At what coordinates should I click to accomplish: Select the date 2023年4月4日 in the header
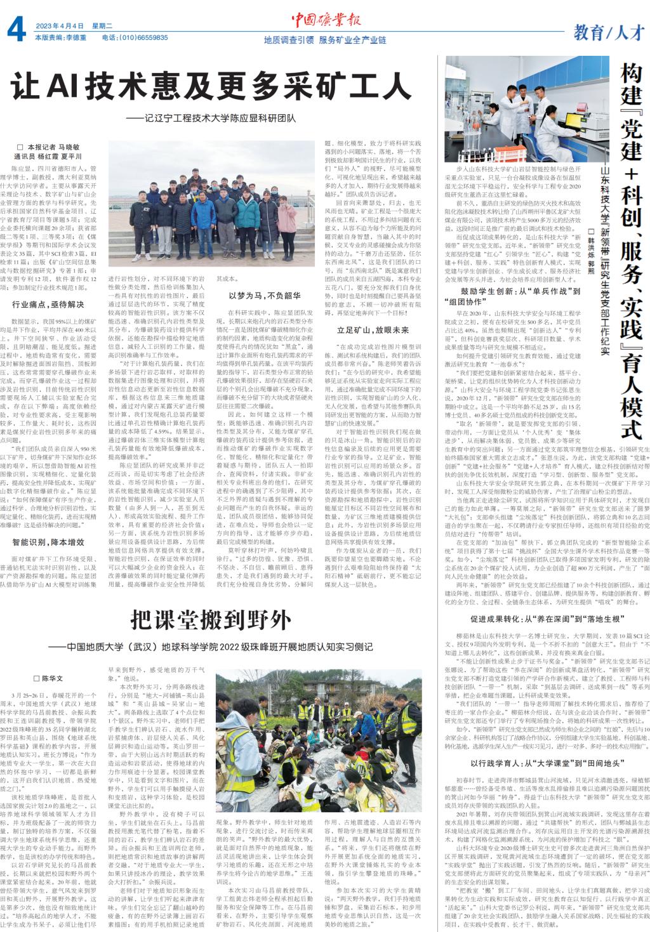click(60, 26)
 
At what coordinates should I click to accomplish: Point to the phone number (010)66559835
click(135, 38)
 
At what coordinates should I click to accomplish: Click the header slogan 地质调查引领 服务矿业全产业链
click(325, 39)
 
